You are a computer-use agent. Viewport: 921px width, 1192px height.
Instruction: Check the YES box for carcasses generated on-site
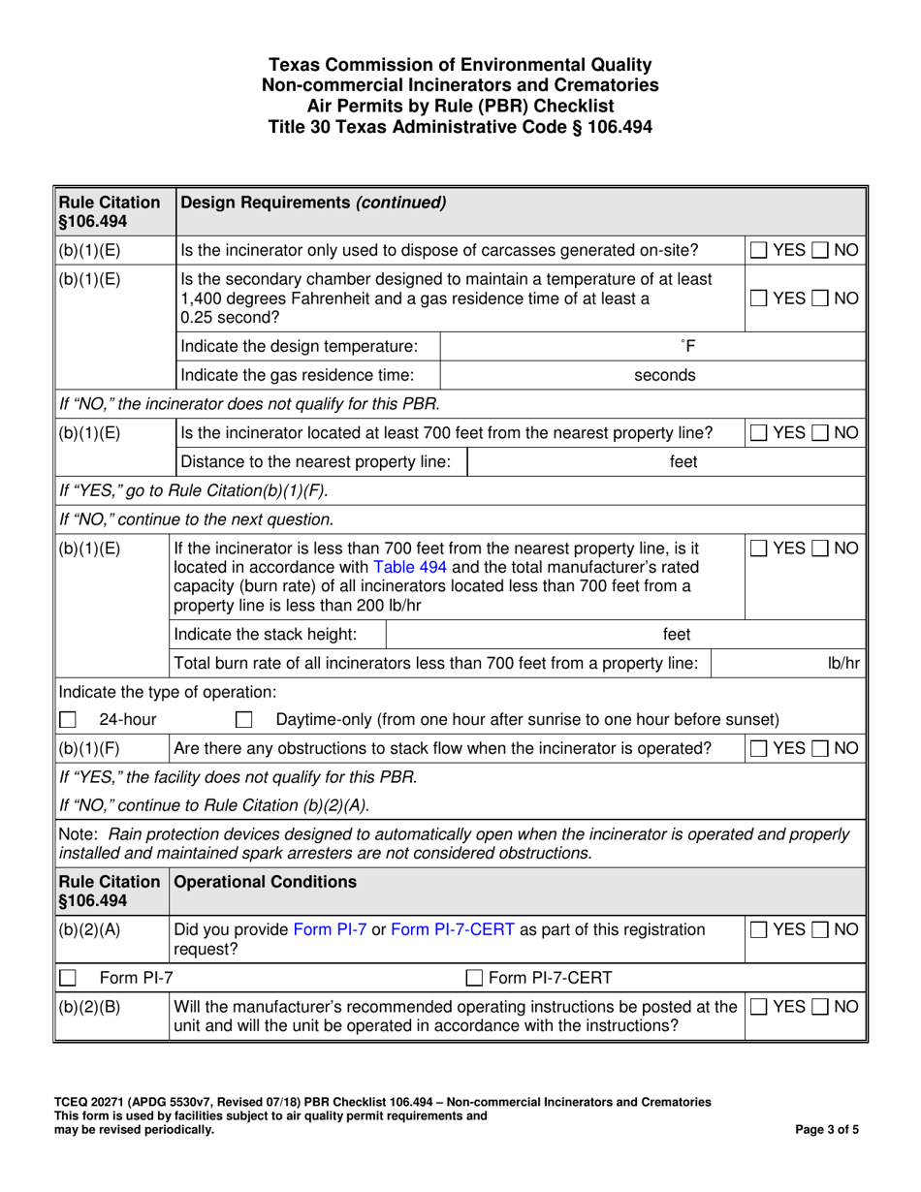760,251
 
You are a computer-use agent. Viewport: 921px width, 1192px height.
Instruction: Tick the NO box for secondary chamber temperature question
820,298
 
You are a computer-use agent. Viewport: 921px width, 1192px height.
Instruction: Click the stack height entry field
562,635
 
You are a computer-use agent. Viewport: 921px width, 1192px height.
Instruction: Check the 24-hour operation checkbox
68,720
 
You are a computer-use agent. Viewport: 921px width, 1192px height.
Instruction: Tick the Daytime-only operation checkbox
245,720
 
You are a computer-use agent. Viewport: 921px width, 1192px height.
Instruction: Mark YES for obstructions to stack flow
760,748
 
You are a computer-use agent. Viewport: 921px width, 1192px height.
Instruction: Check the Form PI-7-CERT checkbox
476,977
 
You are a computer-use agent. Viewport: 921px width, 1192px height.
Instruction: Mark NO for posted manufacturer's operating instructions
820,1006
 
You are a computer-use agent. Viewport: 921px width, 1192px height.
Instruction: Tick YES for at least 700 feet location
760,433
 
